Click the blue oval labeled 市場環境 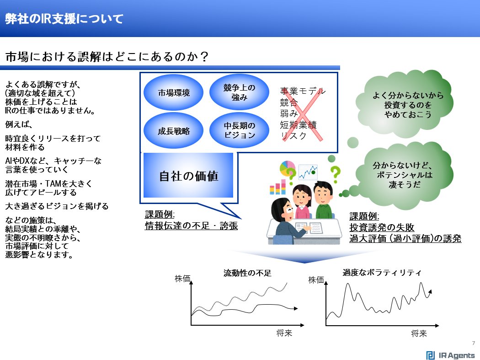(x=173, y=93)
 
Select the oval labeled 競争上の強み (x=239, y=92)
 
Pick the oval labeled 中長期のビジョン (x=239, y=130)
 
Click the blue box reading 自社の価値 (x=188, y=176)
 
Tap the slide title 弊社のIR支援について (x=64, y=19)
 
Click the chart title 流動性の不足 (x=247, y=274)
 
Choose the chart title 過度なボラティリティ (x=382, y=272)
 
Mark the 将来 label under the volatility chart (x=419, y=333)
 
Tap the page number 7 (x=473, y=344)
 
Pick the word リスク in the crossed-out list (x=293, y=136)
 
